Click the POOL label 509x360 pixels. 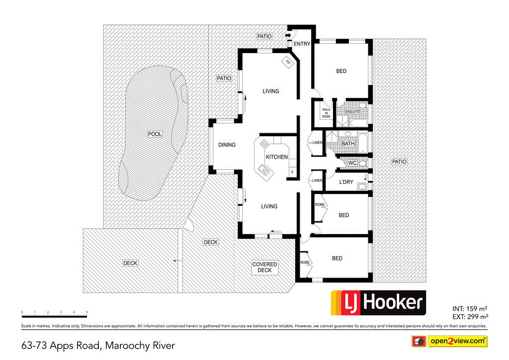155,134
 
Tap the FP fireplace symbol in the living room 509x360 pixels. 287,62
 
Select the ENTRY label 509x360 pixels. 302,44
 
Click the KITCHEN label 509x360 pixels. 276,157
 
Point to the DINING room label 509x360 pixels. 227,145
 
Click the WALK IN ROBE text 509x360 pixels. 326,112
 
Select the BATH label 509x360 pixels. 348,144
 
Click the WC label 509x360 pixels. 352,163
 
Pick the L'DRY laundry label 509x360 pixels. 346,182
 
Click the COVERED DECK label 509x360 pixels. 264,268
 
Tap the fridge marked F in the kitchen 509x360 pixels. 292,173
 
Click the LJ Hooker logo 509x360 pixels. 378,302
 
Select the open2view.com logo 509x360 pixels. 449,341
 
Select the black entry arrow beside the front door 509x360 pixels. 288,35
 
